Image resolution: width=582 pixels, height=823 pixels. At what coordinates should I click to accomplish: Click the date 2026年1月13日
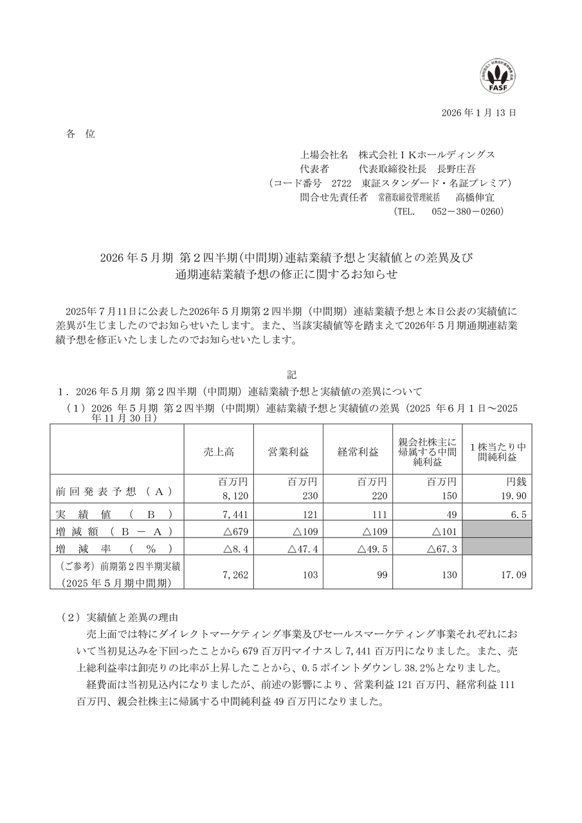tap(478, 113)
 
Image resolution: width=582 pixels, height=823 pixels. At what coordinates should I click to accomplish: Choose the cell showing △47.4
tap(293, 548)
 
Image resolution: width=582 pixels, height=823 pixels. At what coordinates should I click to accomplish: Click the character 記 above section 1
tap(291, 374)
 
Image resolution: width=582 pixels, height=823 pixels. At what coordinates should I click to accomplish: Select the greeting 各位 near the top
tap(80, 134)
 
